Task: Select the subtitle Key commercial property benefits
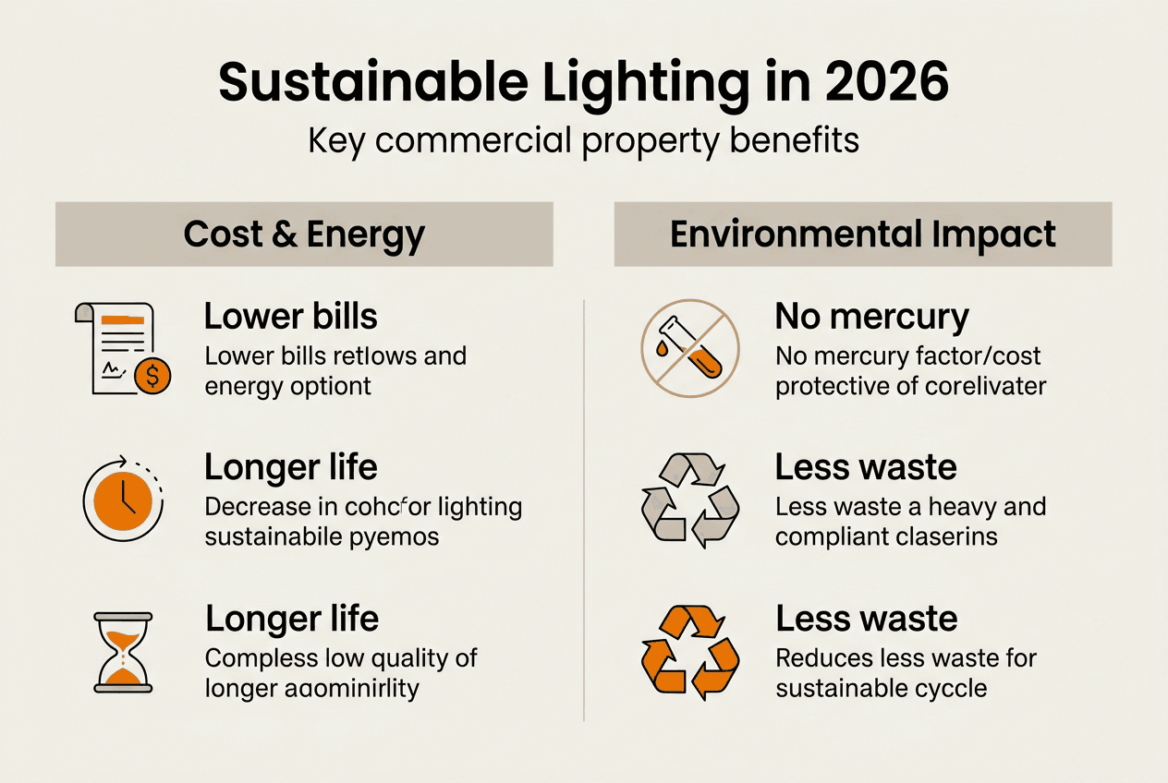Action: (583, 140)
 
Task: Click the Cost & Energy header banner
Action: (304, 235)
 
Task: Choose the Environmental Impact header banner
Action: (862, 235)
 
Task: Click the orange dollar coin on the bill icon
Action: (152, 376)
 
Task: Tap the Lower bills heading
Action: (290, 317)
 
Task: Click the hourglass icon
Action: (123, 652)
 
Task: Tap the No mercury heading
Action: (871, 317)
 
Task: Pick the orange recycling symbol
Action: (689, 652)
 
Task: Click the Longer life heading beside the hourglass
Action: (291, 618)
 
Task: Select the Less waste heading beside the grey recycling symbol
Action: (866, 467)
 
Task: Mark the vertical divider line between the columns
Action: (584, 508)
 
